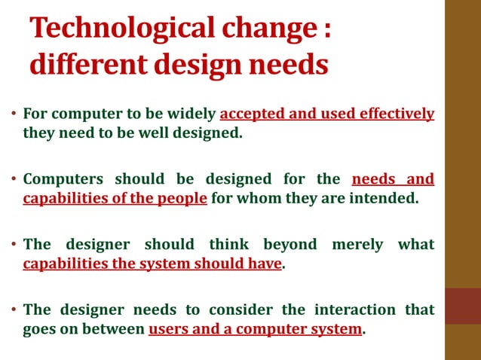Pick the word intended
[x=383, y=199]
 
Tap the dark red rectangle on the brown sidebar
[x=463, y=306]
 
